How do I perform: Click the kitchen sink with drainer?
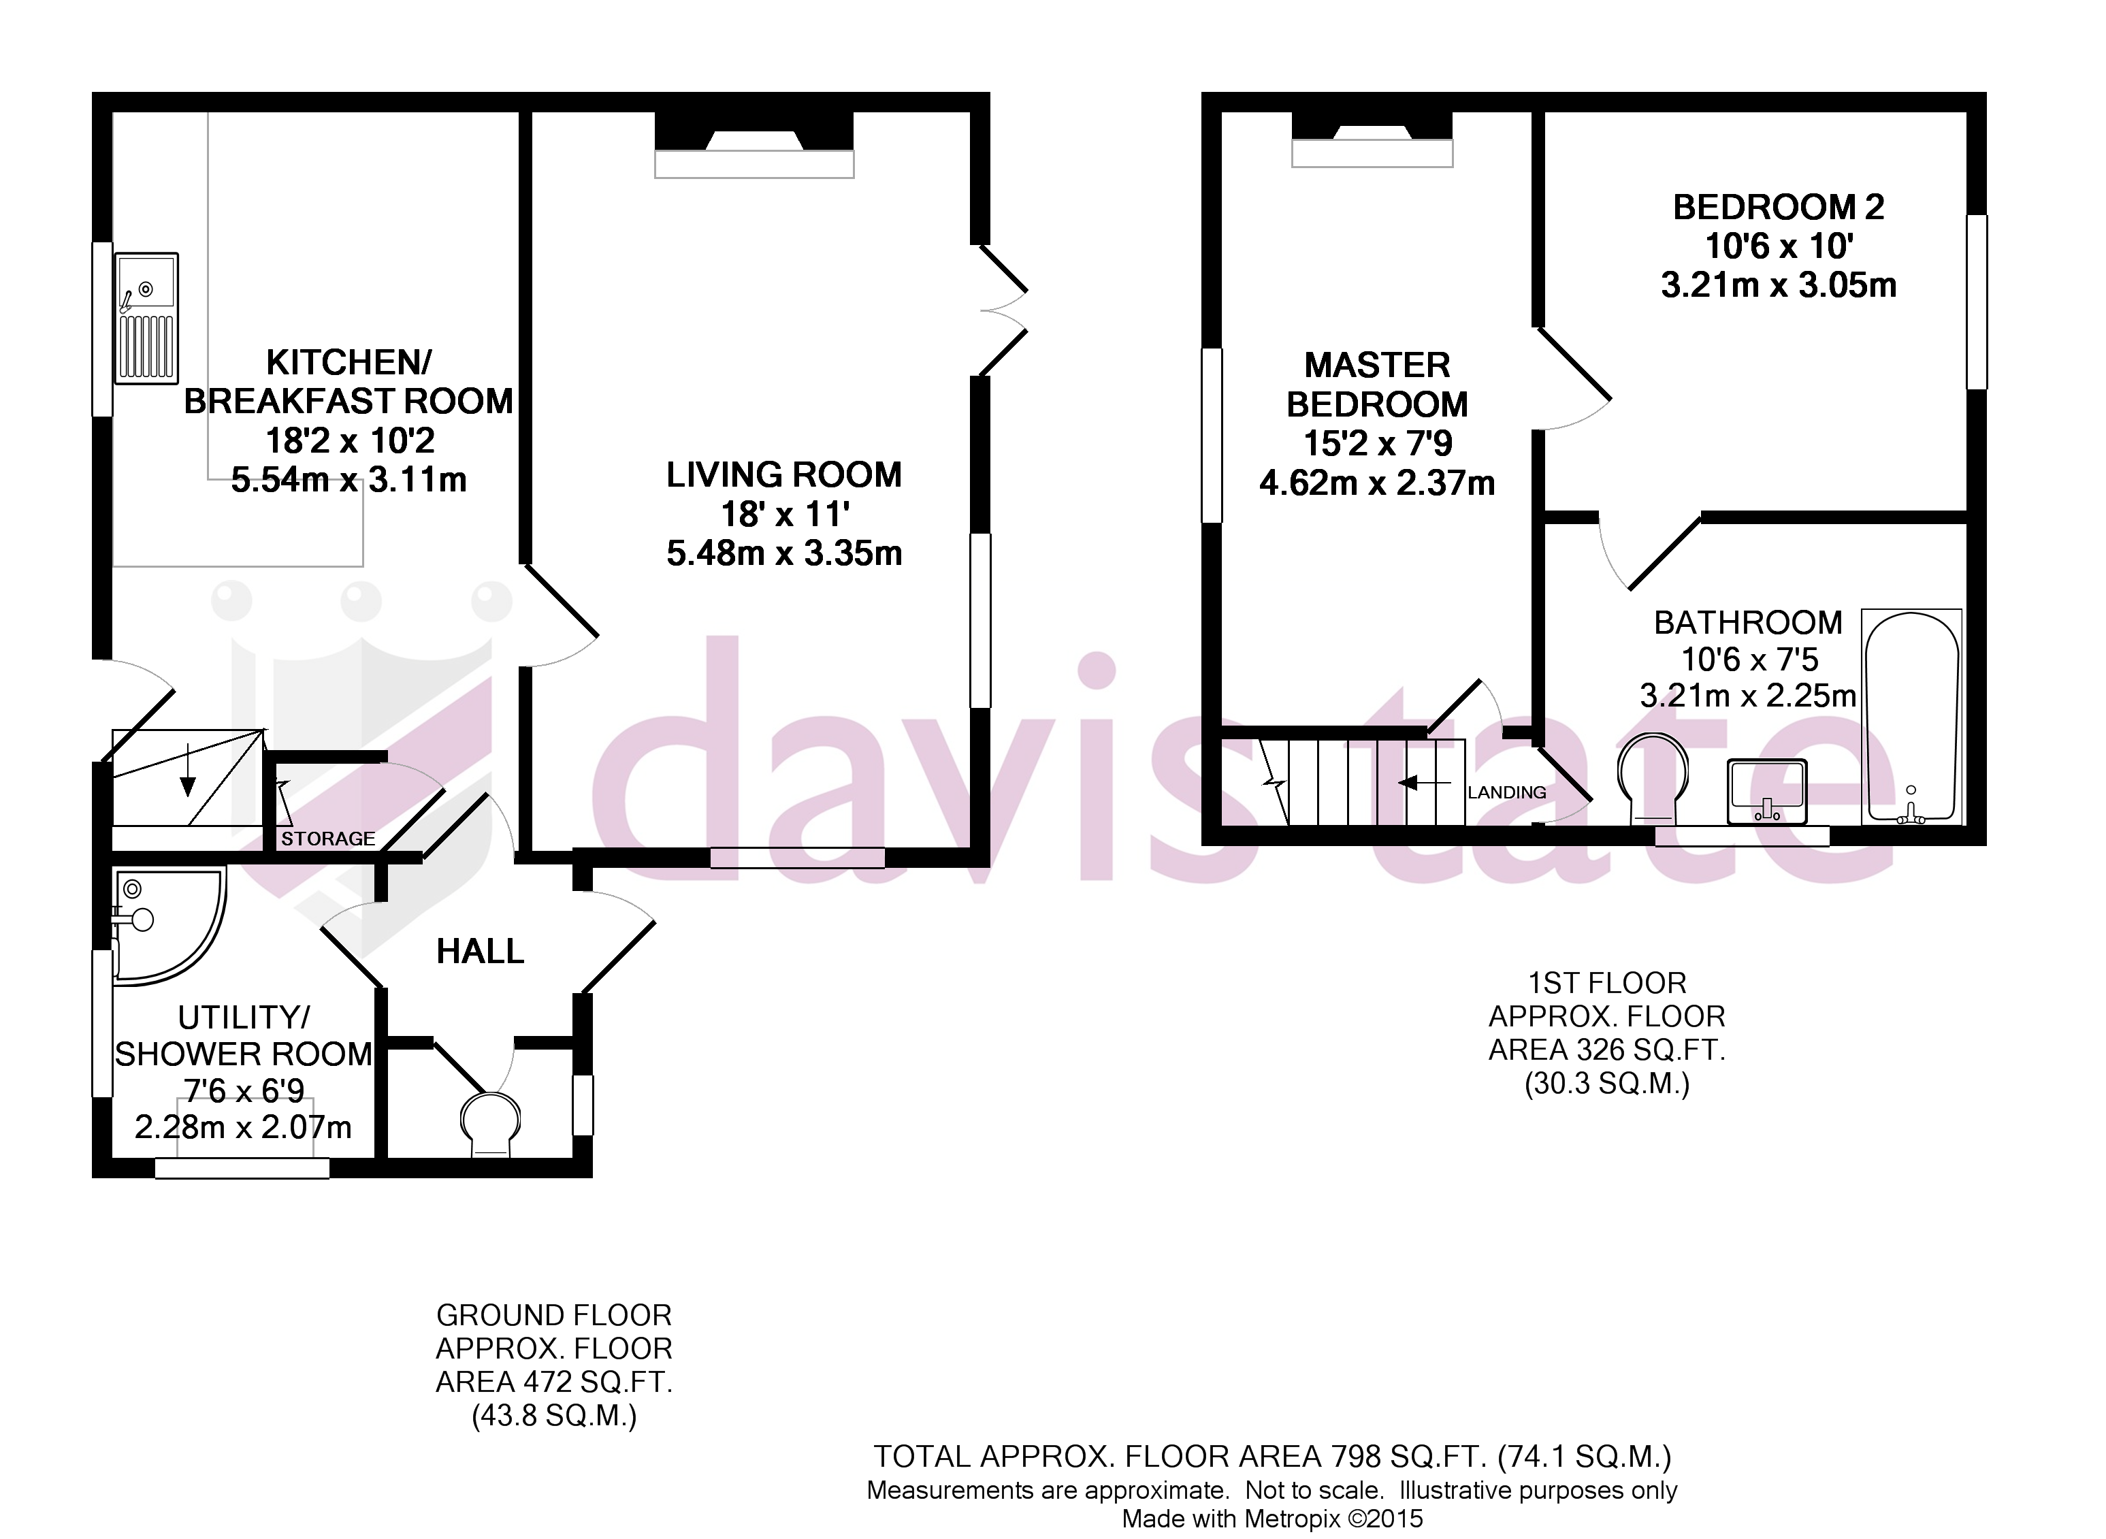coord(146,318)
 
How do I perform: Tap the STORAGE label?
coord(328,839)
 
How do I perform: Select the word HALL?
coord(480,951)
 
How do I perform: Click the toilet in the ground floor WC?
coord(491,1124)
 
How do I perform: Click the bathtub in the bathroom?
coord(1911,717)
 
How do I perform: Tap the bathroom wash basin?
coord(1767,791)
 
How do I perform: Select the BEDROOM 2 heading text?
coord(1778,207)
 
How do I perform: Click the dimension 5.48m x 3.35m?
coord(784,553)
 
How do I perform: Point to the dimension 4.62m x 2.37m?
coord(1377,483)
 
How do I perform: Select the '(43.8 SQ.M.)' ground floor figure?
coord(554,1416)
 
